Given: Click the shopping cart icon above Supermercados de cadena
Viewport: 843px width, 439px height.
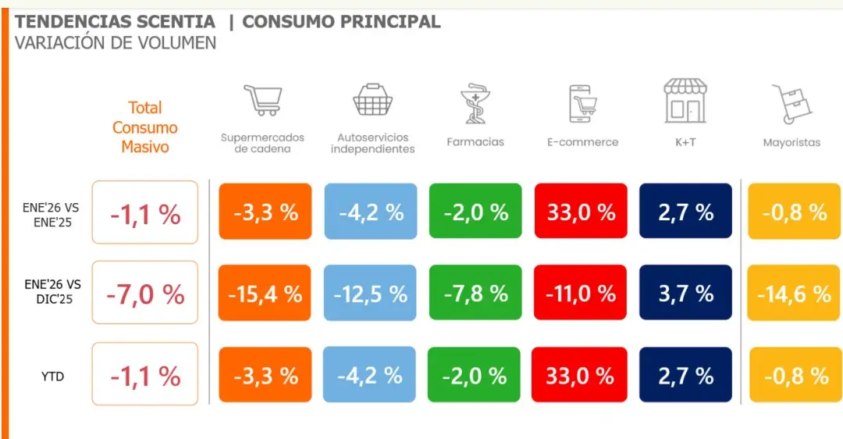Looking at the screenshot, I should [262, 100].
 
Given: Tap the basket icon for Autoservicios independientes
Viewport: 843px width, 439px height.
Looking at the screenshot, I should [372, 101].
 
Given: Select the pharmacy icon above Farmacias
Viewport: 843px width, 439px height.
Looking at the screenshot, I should [475, 104].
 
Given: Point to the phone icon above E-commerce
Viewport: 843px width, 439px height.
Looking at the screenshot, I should [582, 103].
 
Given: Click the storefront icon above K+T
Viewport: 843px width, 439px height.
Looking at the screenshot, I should [685, 101].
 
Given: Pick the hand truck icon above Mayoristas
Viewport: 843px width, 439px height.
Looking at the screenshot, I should [791, 104].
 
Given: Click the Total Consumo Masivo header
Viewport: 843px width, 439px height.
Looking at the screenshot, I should [145, 127].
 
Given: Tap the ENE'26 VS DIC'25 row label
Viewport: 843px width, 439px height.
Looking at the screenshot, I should [52, 291].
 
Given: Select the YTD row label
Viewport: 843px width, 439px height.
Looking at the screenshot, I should [52, 377].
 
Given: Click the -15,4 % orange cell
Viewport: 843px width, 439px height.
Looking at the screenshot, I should [265, 293].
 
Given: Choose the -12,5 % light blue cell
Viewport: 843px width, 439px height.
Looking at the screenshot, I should [370, 293].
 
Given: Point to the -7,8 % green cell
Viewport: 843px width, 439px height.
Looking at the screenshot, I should [475, 293].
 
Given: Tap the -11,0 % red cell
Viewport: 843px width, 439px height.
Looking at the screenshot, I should [580, 293].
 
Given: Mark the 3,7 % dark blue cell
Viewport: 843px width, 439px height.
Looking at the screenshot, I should [685, 293].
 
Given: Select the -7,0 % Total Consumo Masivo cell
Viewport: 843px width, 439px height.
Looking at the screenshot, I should [145, 293].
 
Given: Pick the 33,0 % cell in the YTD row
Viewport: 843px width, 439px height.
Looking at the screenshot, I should [580, 375].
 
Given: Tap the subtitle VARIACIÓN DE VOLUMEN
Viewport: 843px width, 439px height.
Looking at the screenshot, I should [116, 42].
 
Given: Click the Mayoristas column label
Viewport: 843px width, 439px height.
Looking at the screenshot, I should [791, 142].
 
